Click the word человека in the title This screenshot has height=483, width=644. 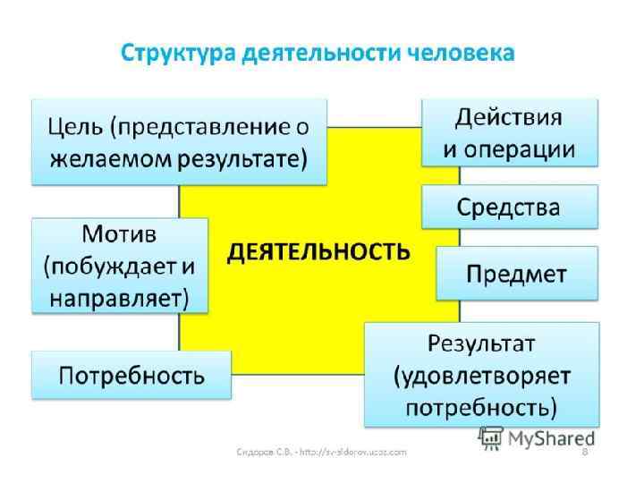pyautogui.click(x=461, y=53)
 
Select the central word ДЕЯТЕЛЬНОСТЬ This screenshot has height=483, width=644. pyautogui.click(x=318, y=251)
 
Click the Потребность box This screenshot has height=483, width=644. pyautogui.click(x=131, y=375)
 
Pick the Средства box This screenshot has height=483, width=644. pyautogui.click(x=509, y=208)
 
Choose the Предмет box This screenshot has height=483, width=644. pyautogui.click(x=516, y=273)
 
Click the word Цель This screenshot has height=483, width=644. pyautogui.click(x=75, y=126)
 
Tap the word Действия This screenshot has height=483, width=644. pyautogui.click(x=509, y=117)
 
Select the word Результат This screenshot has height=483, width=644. pyautogui.click(x=481, y=342)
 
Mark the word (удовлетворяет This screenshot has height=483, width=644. pyautogui.click(x=481, y=376)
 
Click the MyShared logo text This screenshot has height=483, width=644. pyautogui.click(x=551, y=438)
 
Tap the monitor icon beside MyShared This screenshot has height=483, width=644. pyautogui.click(x=490, y=437)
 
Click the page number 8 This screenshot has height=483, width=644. pyautogui.click(x=585, y=453)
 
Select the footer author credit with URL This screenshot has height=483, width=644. pyautogui.click(x=322, y=453)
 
